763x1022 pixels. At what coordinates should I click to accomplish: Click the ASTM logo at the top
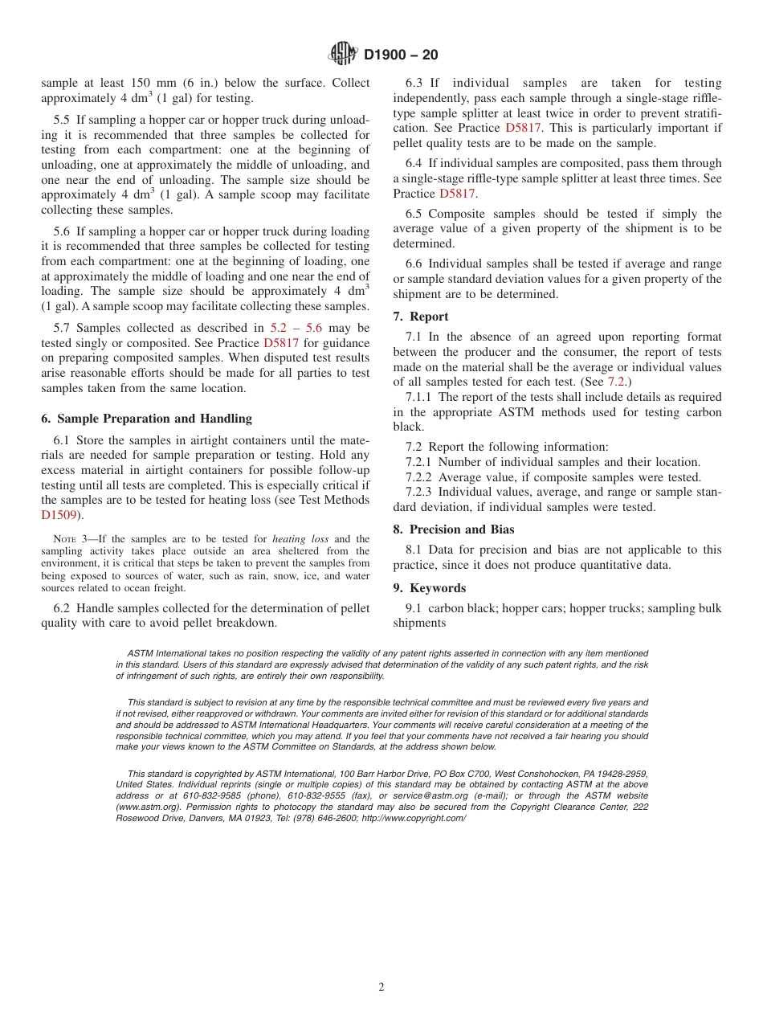(x=343, y=55)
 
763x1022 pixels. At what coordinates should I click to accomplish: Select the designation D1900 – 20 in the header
(x=401, y=55)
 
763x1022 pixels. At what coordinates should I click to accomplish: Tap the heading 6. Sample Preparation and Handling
(x=146, y=419)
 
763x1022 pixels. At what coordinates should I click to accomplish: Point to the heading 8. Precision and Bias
(x=454, y=529)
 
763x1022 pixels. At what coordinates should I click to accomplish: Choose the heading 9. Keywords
(x=430, y=588)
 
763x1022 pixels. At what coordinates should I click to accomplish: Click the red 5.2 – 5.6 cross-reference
(x=296, y=328)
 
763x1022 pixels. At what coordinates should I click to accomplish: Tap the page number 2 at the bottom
(x=381, y=987)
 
